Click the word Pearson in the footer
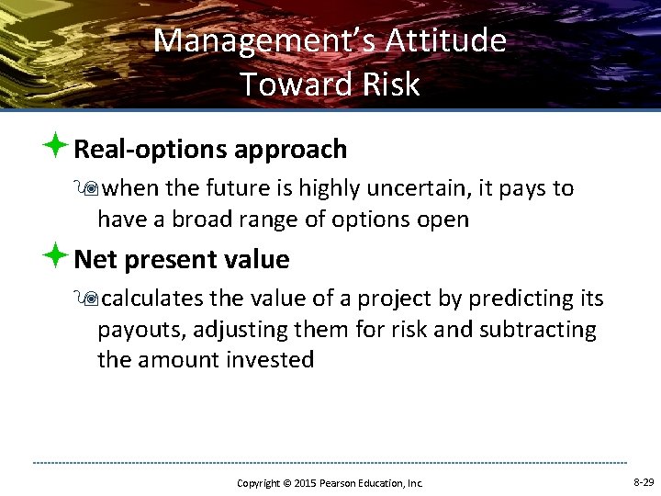click(341, 483)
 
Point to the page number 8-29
click(644, 482)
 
